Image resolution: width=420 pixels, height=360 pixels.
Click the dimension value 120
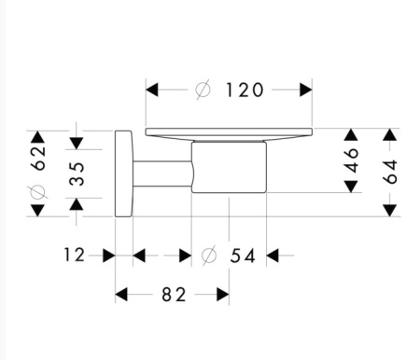tap(245, 90)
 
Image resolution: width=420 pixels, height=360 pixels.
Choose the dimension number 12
tap(77, 254)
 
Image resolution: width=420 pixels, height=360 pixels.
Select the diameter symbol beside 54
tap(209, 254)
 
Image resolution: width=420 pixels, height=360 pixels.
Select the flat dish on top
tap(228, 134)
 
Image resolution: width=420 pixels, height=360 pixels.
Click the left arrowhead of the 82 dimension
tap(121, 295)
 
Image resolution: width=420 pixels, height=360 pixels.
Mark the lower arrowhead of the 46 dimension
tap(351, 186)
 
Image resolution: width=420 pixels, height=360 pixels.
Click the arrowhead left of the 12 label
tap(107, 254)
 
